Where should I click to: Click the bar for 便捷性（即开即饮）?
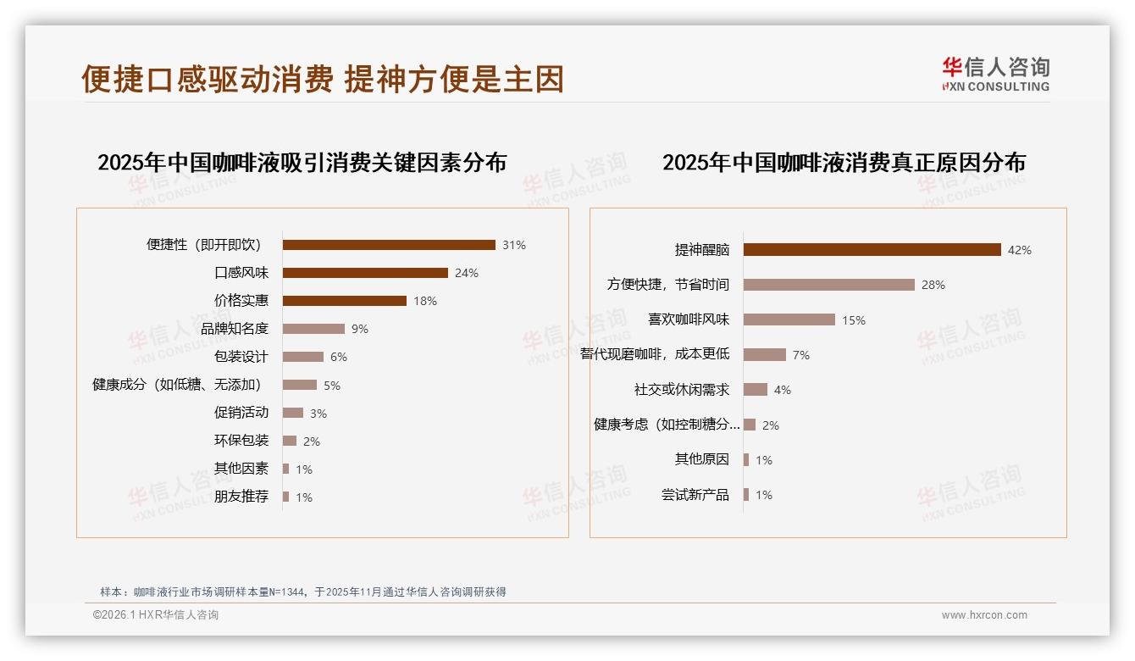tap(389, 245)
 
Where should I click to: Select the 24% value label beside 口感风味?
tap(467, 273)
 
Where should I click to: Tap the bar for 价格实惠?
tap(345, 301)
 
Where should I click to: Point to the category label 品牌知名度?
tap(235, 329)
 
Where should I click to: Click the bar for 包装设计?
tap(303, 357)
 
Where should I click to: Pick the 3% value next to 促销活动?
tap(318, 414)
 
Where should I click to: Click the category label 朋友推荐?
tap(241, 497)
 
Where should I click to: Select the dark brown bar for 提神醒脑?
tap(872, 250)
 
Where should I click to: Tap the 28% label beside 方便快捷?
tap(933, 285)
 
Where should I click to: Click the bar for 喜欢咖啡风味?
tap(789, 319)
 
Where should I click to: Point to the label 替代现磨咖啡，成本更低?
tap(655, 354)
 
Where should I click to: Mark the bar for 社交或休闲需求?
tap(756, 390)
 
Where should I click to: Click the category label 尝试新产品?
tap(695, 495)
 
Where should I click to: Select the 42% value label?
tap(1020, 250)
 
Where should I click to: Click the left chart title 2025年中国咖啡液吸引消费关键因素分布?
tap(302, 163)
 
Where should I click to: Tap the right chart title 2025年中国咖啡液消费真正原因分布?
tap(844, 163)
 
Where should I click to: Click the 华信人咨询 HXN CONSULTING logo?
tap(995, 75)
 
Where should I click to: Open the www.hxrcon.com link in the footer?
tap(984, 615)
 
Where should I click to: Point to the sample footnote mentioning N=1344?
tap(302, 592)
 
